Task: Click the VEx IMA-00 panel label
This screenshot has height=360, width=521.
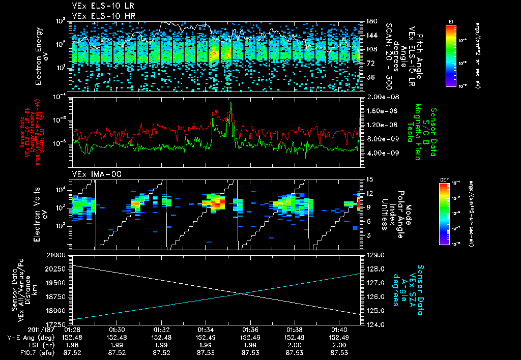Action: click(x=91, y=174)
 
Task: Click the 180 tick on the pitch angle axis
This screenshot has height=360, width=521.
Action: click(x=371, y=21)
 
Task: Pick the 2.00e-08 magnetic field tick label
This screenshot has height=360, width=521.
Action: click(x=380, y=97)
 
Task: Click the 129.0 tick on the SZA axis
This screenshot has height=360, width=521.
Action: click(x=375, y=254)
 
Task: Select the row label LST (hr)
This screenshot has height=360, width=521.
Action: click(x=23, y=345)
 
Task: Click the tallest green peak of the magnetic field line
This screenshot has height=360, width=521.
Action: click(x=231, y=103)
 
